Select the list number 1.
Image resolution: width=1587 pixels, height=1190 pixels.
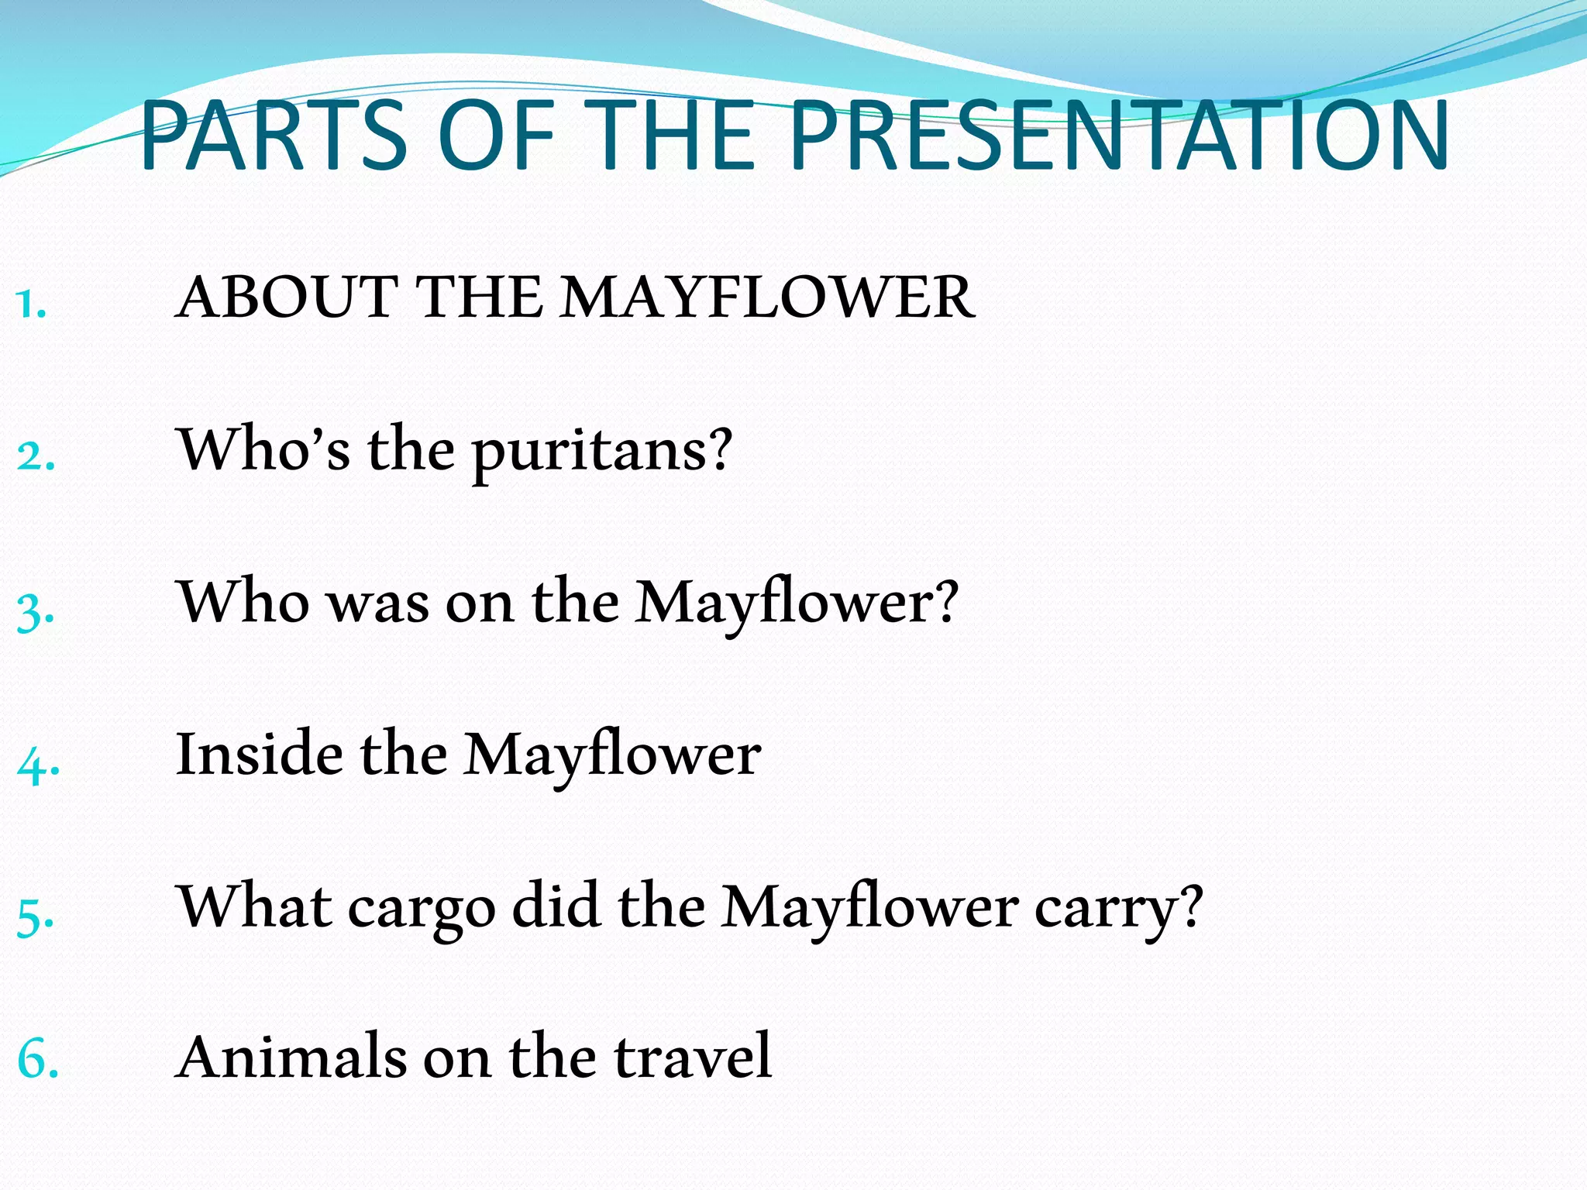coord(31,304)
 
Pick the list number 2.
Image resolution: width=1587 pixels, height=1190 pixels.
coord(36,456)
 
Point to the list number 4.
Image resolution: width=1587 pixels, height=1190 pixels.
coord(38,764)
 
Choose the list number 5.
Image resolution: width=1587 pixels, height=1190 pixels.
coord(36,917)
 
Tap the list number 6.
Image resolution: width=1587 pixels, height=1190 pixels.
coord(38,1060)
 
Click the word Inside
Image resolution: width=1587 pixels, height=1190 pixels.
coord(259,755)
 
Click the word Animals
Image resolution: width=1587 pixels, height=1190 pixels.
coord(291,1058)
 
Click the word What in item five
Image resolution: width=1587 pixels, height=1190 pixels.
coord(256,906)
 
